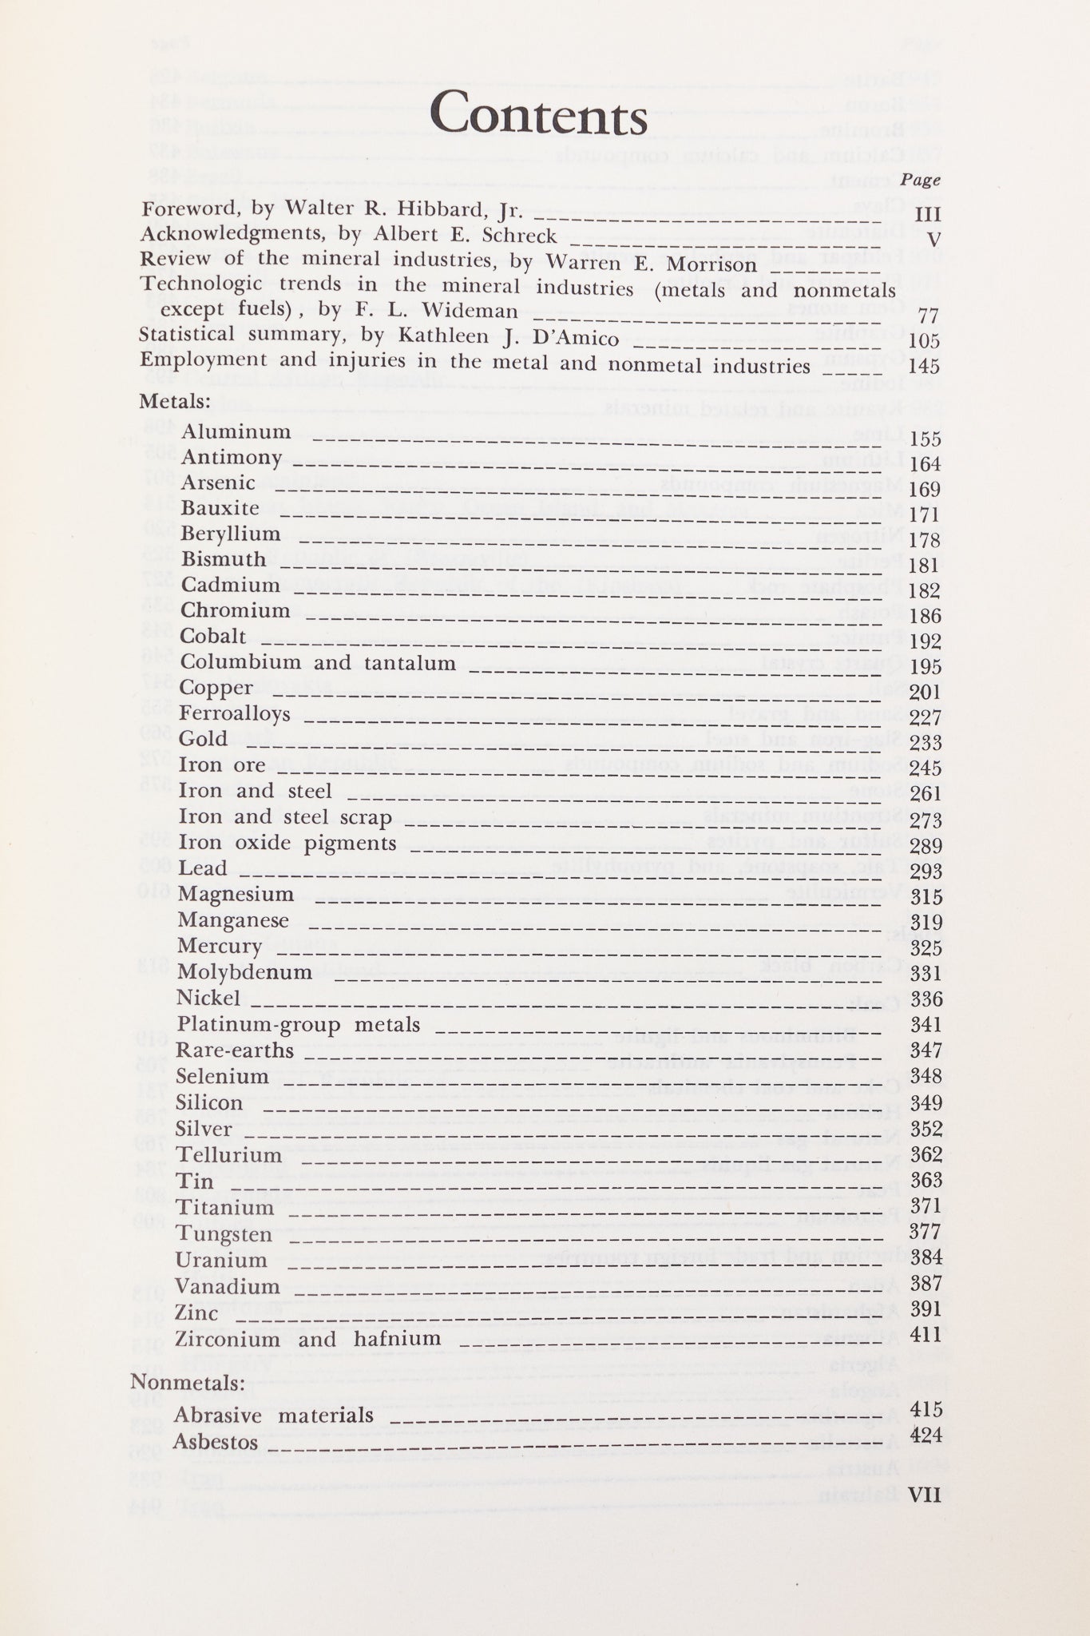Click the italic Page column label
click(922, 181)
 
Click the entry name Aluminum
click(236, 432)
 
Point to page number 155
click(926, 439)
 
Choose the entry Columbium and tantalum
click(318, 662)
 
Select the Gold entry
click(204, 738)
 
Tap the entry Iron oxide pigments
click(287, 843)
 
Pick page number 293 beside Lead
click(926, 872)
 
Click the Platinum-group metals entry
click(299, 1024)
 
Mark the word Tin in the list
click(195, 1181)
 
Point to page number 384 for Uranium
click(926, 1259)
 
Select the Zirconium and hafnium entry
click(307, 1338)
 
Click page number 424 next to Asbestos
click(926, 1435)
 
